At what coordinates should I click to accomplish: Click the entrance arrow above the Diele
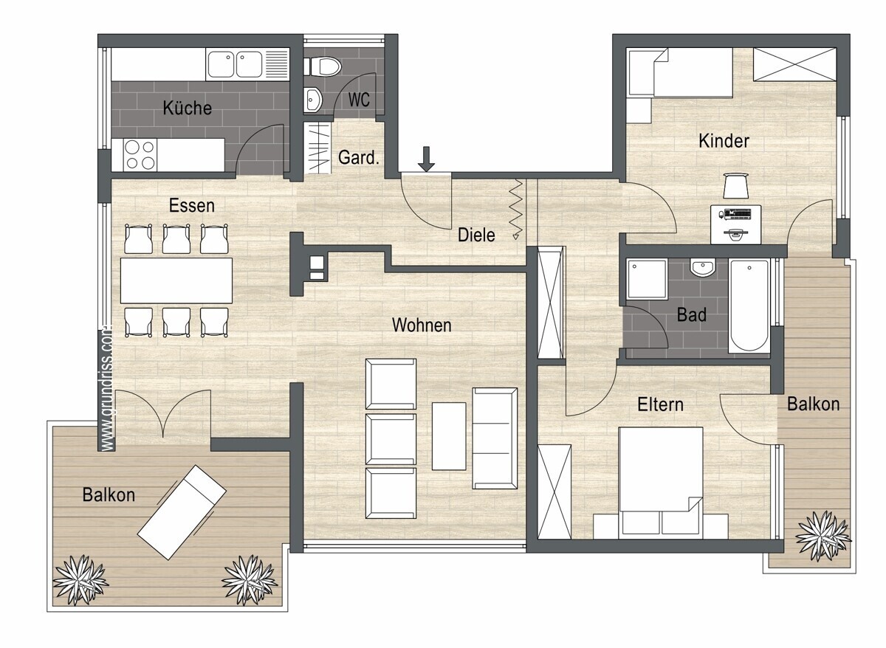tap(426, 159)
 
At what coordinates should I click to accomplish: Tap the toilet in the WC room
tap(323, 66)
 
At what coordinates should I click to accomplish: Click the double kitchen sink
tap(235, 64)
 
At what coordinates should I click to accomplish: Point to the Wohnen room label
tap(422, 325)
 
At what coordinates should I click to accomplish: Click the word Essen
tap(192, 206)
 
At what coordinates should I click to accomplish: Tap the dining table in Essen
tap(176, 280)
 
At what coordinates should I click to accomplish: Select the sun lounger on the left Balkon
tap(182, 512)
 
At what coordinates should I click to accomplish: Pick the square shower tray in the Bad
tap(647, 279)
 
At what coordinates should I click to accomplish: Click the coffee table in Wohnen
tap(449, 436)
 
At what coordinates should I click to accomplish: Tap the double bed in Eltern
tap(661, 483)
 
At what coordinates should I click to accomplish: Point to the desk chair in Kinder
tap(735, 185)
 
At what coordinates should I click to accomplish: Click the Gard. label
tap(358, 158)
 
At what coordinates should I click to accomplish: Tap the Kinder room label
tap(724, 141)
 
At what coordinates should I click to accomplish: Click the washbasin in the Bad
tap(703, 267)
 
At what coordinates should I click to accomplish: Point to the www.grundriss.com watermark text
tap(107, 387)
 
